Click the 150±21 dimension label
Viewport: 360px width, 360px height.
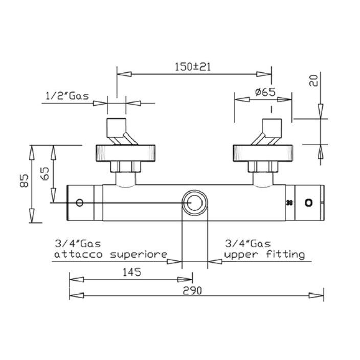coord(193,67)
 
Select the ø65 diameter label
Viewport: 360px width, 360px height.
coord(265,92)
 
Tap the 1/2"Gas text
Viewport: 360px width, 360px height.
coord(67,96)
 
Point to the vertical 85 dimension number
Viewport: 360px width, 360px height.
coord(24,181)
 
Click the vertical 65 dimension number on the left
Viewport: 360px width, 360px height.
coord(45,173)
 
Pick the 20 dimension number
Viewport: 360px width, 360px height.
coord(313,81)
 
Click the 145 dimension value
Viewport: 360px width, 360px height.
coord(132,272)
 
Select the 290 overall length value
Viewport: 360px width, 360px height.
coord(192,290)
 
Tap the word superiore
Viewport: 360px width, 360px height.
coord(139,254)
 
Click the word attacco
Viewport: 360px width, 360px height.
coord(78,254)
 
